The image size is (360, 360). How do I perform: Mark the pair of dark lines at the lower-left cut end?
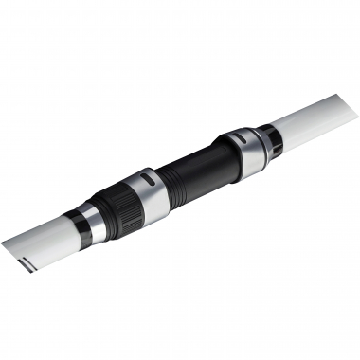point(26,258)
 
